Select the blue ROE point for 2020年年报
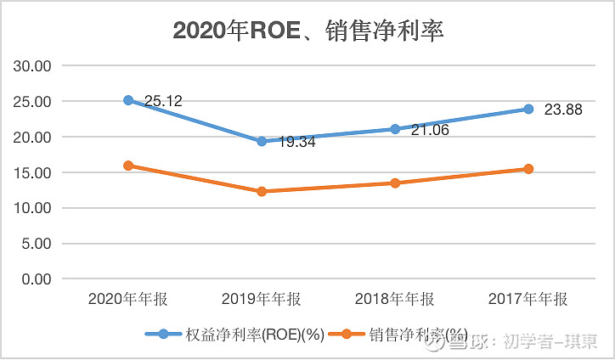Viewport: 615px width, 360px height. tap(128, 100)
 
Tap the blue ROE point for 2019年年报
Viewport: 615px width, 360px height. tap(262, 141)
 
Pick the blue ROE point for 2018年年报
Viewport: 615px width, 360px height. tap(395, 129)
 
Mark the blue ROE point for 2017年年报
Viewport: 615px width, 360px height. tap(528, 109)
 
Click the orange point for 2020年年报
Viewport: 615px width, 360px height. tap(128, 166)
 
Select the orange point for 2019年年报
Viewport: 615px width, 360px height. tap(262, 191)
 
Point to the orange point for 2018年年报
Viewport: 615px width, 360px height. tap(395, 183)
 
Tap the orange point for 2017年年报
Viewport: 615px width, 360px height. tap(528, 169)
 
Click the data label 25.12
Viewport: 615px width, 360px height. tap(163, 101)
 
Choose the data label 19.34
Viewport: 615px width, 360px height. tap(296, 142)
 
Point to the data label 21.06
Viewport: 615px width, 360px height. tap(430, 129)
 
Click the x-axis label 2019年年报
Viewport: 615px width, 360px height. tap(262, 299)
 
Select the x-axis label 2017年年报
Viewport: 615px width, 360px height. tap(528, 299)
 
